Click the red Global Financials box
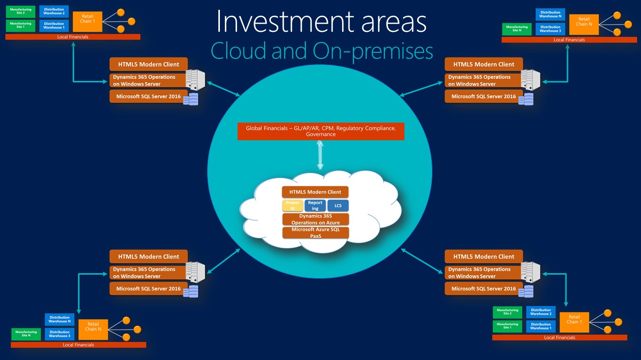[x=320, y=131]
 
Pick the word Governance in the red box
[x=320, y=134]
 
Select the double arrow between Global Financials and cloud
[x=320, y=155]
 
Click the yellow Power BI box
[x=293, y=206]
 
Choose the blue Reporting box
[x=315, y=206]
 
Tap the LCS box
[x=338, y=206]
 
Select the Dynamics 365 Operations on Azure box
[x=315, y=219]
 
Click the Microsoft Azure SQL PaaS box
[x=315, y=233]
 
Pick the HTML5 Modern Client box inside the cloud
[x=315, y=192]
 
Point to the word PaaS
[x=315, y=236]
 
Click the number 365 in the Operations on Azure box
[x=326, y=216]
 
